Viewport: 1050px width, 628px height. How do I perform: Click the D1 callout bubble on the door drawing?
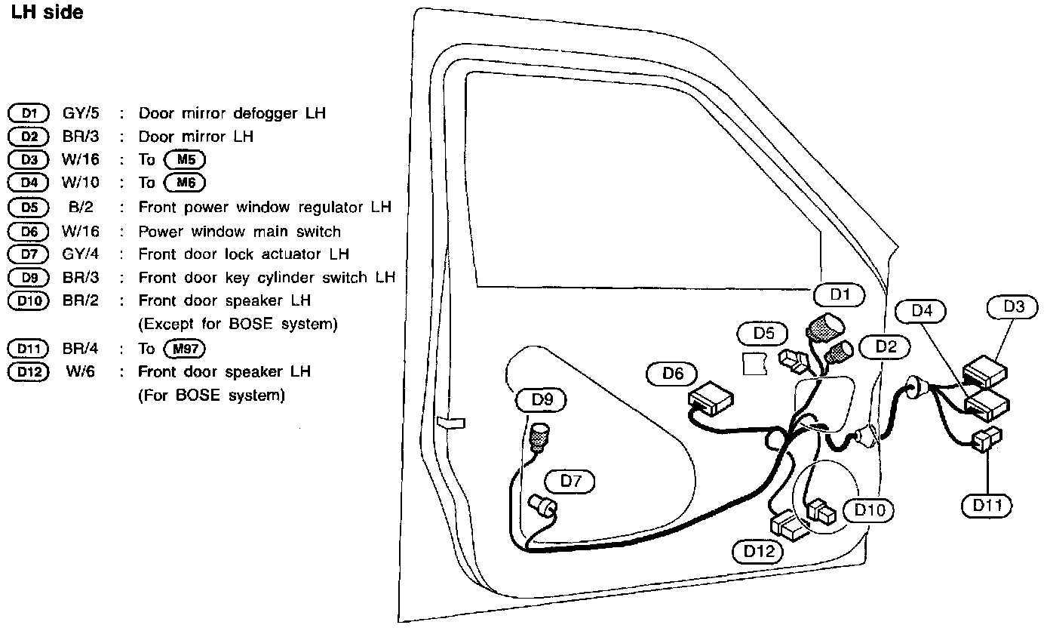coord(840,295)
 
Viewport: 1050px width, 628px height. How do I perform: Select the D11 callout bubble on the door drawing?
coord(987,505)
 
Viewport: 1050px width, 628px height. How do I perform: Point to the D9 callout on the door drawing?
coord(542,400)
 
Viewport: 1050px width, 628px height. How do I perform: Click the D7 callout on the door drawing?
coord(570,481)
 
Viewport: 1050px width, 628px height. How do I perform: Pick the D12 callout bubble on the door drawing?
coord(759,551)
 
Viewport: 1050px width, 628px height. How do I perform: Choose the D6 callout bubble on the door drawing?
coord(672,373)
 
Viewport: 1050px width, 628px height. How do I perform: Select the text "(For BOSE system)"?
coord(211,396)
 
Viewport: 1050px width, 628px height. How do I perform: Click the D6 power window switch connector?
coord(710,396)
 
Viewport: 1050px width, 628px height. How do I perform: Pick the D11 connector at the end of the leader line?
coord(987,440)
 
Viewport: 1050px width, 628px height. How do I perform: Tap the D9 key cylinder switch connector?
coord(539,438)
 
